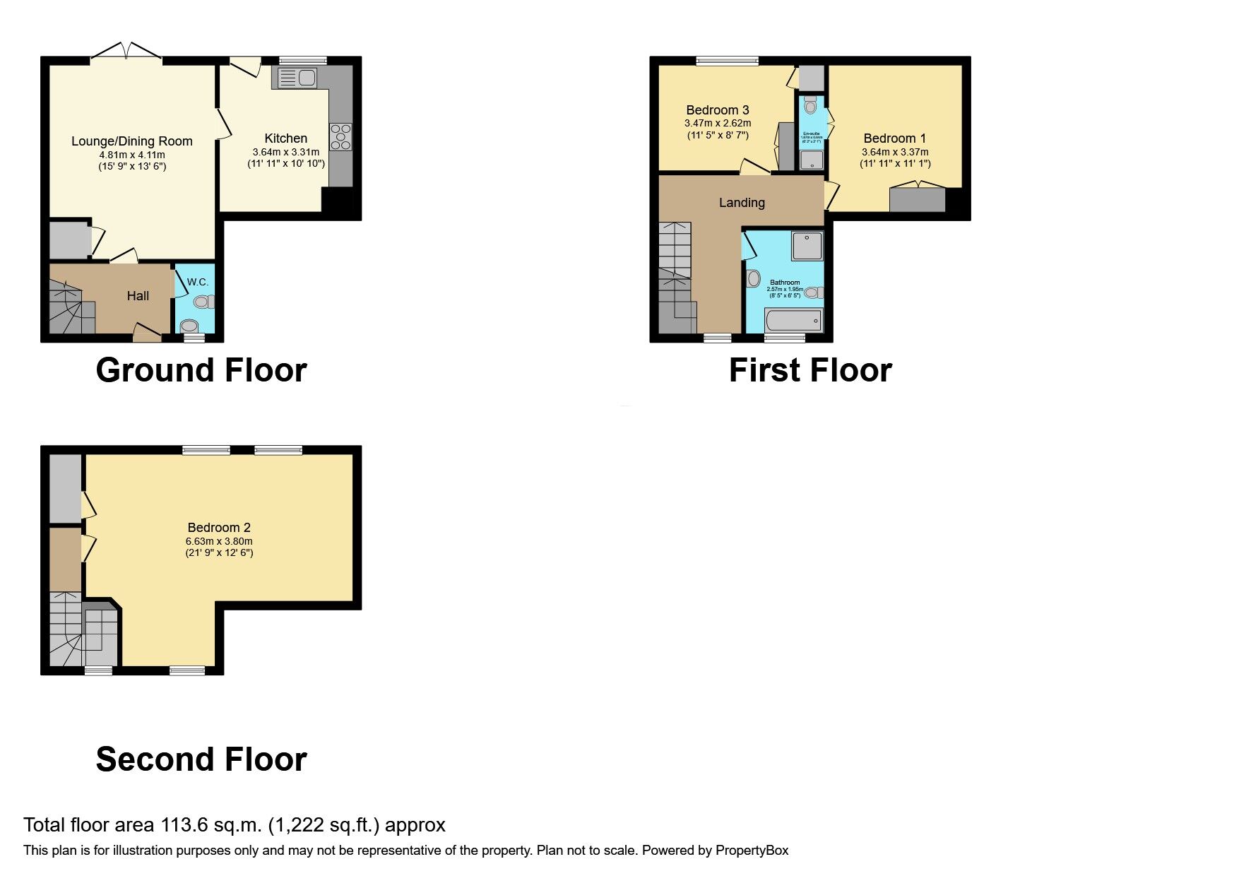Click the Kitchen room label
point(285,138)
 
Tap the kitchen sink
point(297,78)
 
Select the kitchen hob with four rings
point(340,137)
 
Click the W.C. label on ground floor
point(198,282)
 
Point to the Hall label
point(138,296)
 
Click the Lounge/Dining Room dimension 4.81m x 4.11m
point(132,155)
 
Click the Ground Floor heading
point(201,370)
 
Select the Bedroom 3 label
point(718,110)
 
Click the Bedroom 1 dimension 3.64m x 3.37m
point(895,152)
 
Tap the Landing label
point(742,203)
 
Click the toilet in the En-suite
point(810,106)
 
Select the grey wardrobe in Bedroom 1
point(917,200)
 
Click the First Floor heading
point(810,370)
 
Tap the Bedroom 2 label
point(219,528)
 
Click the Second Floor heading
point(201,759)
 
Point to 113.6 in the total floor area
point(184,825)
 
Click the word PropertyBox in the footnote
point(752,851)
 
